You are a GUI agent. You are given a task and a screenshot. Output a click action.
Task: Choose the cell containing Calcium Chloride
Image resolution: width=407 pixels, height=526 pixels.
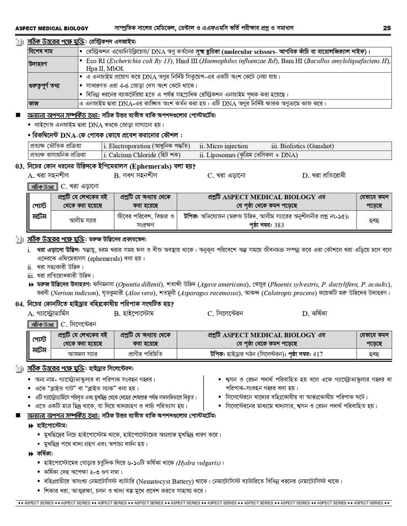tap(127, 155)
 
